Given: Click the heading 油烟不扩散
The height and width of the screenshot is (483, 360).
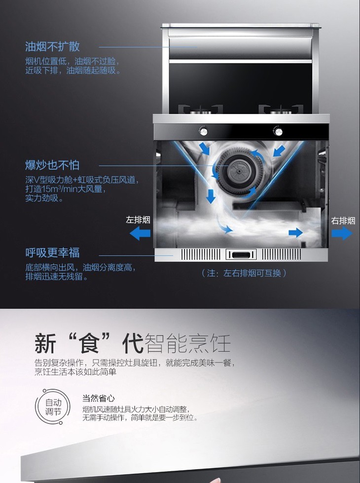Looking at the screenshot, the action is [52, 47].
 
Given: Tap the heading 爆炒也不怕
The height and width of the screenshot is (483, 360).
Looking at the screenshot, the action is [52, 165].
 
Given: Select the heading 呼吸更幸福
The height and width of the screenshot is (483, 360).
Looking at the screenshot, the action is [52, 253].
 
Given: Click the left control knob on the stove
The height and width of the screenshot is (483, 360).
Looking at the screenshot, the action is [203, 131].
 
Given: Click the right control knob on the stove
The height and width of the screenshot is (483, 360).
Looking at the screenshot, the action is [278, 131].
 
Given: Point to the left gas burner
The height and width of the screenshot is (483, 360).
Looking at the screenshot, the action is [201, 110].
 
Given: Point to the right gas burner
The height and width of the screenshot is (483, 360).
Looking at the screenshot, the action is [281, 110].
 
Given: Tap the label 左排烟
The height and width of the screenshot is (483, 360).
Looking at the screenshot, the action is [138, 220].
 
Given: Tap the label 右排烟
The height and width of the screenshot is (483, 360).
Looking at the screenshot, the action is [343, 221].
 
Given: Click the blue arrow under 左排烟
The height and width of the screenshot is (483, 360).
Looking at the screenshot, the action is [140, 233].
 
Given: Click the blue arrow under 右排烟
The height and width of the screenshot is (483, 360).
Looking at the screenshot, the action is [342, 233].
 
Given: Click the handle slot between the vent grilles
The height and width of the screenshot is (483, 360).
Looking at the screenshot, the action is [241, 255].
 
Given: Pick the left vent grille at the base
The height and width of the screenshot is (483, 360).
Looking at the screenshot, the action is [201, 255].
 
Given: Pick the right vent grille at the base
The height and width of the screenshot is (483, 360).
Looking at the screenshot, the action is [282, 255].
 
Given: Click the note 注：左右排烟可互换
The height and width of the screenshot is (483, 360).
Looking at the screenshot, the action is [244, 273].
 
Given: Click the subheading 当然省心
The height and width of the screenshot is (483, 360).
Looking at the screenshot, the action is [99, 398].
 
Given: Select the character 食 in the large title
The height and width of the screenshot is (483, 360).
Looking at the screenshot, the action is [89, 343].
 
